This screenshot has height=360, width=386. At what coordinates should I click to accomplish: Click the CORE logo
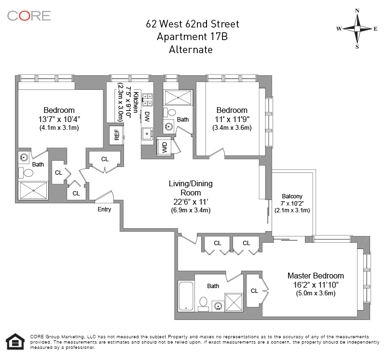[x=29, y=16]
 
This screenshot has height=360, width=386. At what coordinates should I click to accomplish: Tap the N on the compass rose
[x=357, y=11]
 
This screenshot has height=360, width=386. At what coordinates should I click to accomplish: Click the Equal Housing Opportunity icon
[x=15, y=342]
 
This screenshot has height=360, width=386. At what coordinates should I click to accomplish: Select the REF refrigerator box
[x=117, y=135]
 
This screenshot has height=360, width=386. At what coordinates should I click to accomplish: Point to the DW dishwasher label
[x=147, y=117]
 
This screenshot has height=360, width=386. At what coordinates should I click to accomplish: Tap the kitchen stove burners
[x=148, y=100]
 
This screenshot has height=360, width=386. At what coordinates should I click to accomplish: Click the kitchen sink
[x=147, y=134]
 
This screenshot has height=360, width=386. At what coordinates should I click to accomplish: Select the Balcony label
[x=292, y=196]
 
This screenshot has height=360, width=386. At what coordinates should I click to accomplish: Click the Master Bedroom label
[x=316, y=276]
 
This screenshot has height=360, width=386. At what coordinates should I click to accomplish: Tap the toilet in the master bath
[x=203, y=304]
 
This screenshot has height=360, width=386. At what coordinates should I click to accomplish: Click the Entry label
[x=104, y=209]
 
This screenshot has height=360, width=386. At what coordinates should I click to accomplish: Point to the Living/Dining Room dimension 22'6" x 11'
[x=191, y=202]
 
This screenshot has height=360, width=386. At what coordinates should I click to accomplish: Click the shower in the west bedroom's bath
[x=33, y=190]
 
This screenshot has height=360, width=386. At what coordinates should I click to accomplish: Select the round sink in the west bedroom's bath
[x=24, y=157]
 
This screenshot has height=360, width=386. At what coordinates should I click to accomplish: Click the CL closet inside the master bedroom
[x=255, y=291]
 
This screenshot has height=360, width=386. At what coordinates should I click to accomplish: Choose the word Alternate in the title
[x=191, y=50]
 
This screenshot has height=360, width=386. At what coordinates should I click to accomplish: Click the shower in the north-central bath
[x=178, y=98]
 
